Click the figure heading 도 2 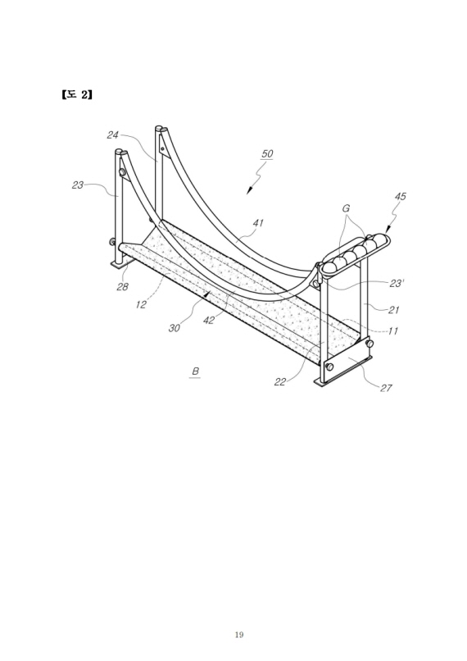(77, 94)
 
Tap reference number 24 (112, 134)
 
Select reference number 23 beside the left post (78, 185)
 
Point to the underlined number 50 (267, 153)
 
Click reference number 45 (400, 197)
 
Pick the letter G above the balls (346, 208)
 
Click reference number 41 (258, 222)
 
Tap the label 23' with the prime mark (397, 283)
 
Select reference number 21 (393, 310)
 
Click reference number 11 (392, 331)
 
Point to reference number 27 (386, 388)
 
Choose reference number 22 (280, 382)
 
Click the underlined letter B (195, 372)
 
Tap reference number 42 (208, 321)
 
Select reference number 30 (174, 328)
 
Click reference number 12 (141, 304)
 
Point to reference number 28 (122, 287)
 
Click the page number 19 (239, 635)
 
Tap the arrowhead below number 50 (249, 191)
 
